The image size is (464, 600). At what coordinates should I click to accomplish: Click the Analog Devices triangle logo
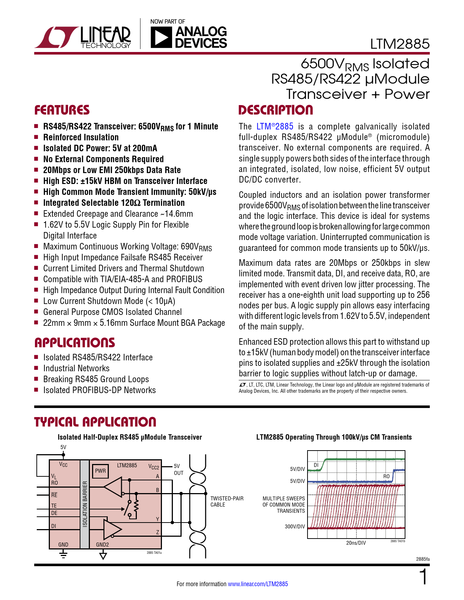(161, 37)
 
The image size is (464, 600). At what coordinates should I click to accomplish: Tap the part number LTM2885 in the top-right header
(400, 44)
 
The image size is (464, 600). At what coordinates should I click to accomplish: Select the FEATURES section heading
(62, 110)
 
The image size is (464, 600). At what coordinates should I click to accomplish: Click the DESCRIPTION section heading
(275, 110)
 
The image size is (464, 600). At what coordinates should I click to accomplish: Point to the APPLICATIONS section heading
(75, 343)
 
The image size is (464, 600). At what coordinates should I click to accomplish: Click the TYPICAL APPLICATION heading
(95, 422)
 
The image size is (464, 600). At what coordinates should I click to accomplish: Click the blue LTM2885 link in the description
(275, 127)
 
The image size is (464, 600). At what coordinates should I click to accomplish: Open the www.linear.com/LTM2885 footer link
(258, 584)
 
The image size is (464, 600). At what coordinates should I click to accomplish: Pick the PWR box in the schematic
(100, 471)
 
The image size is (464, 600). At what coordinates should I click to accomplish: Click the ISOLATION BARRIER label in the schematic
(85, 504)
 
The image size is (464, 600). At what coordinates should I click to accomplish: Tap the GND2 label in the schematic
(102, 544)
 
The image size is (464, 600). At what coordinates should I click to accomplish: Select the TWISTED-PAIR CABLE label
(227, 501)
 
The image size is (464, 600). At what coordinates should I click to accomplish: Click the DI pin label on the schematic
(53, 526)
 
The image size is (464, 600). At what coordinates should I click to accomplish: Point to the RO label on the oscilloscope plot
(386, 476)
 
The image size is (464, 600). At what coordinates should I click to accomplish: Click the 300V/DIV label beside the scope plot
(295, 526)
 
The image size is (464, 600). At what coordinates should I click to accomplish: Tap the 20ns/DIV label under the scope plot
(356, 543)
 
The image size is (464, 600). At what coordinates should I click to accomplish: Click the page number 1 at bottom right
(423, 577)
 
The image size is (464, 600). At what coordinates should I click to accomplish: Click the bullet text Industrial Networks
(76, 368)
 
